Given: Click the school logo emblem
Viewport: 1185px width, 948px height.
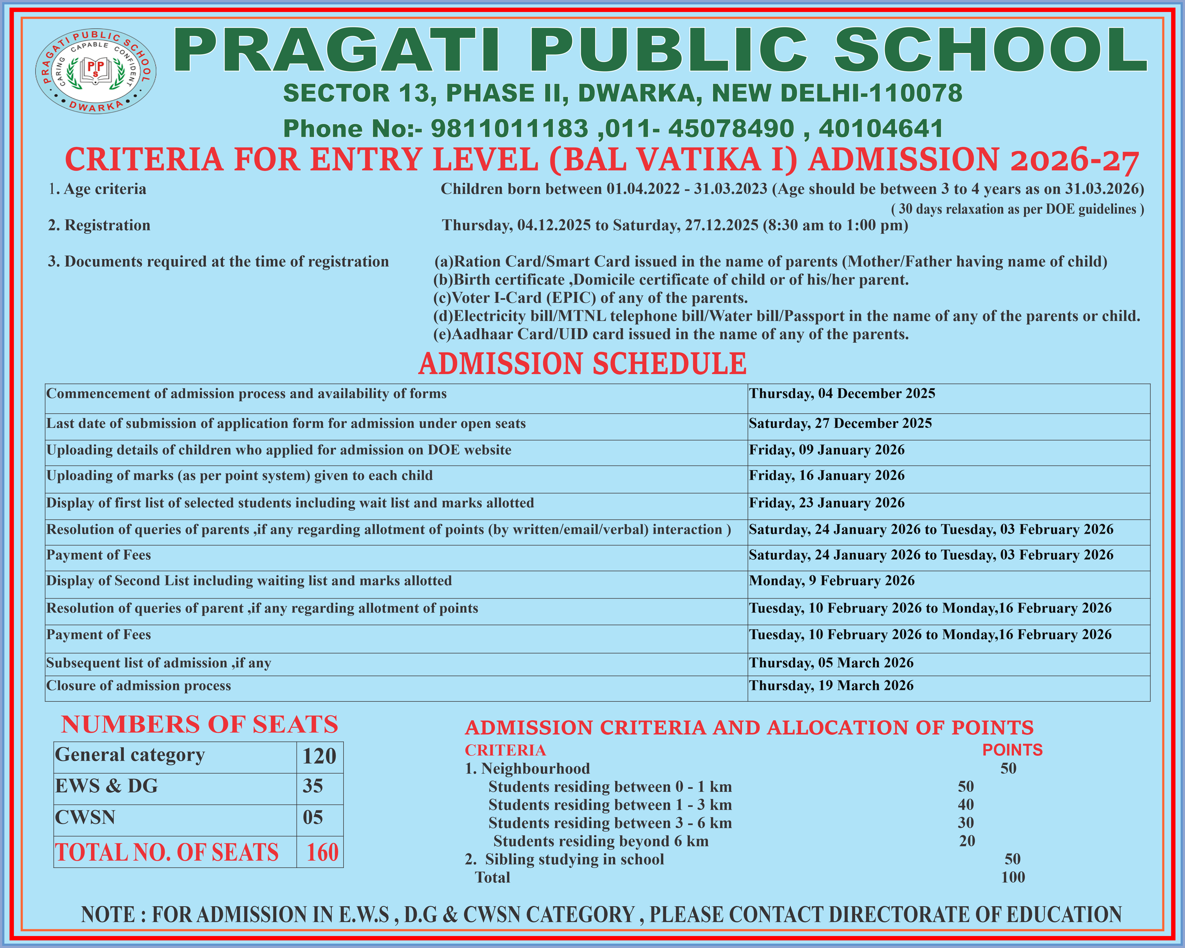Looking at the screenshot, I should click(x=96, y=71).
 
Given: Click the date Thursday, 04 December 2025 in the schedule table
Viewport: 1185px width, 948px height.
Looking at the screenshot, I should click(x=841, y=394).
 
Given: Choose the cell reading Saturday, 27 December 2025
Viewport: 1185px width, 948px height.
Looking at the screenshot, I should click(x=840, y=423).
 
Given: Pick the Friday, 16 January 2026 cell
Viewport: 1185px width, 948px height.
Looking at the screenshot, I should click(x=826, y=476).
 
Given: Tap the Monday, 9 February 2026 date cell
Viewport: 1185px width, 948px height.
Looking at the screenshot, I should click(x=831, y=581).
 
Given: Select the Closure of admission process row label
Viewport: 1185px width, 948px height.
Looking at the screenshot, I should click(x=139, y=686).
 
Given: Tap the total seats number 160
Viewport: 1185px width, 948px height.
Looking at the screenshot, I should click(x=322, y=852).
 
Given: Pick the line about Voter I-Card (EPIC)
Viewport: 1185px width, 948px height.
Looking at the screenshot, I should click(x=590, y=298).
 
